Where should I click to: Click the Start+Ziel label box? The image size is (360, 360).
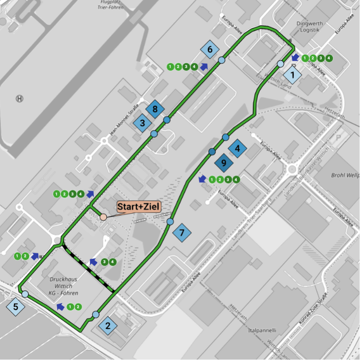pyautogui.click(x=138, y=207)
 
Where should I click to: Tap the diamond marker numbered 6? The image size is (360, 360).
pyautogui.click(x=210, y=49)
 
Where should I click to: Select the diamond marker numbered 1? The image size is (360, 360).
pyautogui.click(x=293, y=75)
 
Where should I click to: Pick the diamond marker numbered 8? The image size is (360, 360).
pyautogui.click(x=155, y=109)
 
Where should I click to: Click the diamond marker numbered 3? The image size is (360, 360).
pyautogui.click(x=142, y=122)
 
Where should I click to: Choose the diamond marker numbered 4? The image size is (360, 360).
pyautogui.click(x=237, y=148)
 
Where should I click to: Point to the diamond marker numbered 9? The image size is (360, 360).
pyautogui.click(x=223, y=163)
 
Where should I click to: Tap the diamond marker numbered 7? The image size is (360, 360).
pyautogui.click(x=182, y=233)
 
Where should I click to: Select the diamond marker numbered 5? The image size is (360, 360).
pyautogui.click(x=16, y=307)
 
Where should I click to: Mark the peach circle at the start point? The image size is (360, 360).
pyautogui.click(x=103, y=217)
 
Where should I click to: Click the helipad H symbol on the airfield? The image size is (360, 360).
pyautogui.click(x=19, y=99)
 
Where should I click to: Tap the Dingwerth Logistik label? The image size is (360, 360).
pyautogui.click(x=308, y=27)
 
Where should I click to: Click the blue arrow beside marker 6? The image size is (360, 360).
pyautogui.click(x=204, y=67)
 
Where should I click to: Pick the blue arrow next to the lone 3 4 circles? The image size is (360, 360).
pyautogui.click(x=94, y=261)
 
